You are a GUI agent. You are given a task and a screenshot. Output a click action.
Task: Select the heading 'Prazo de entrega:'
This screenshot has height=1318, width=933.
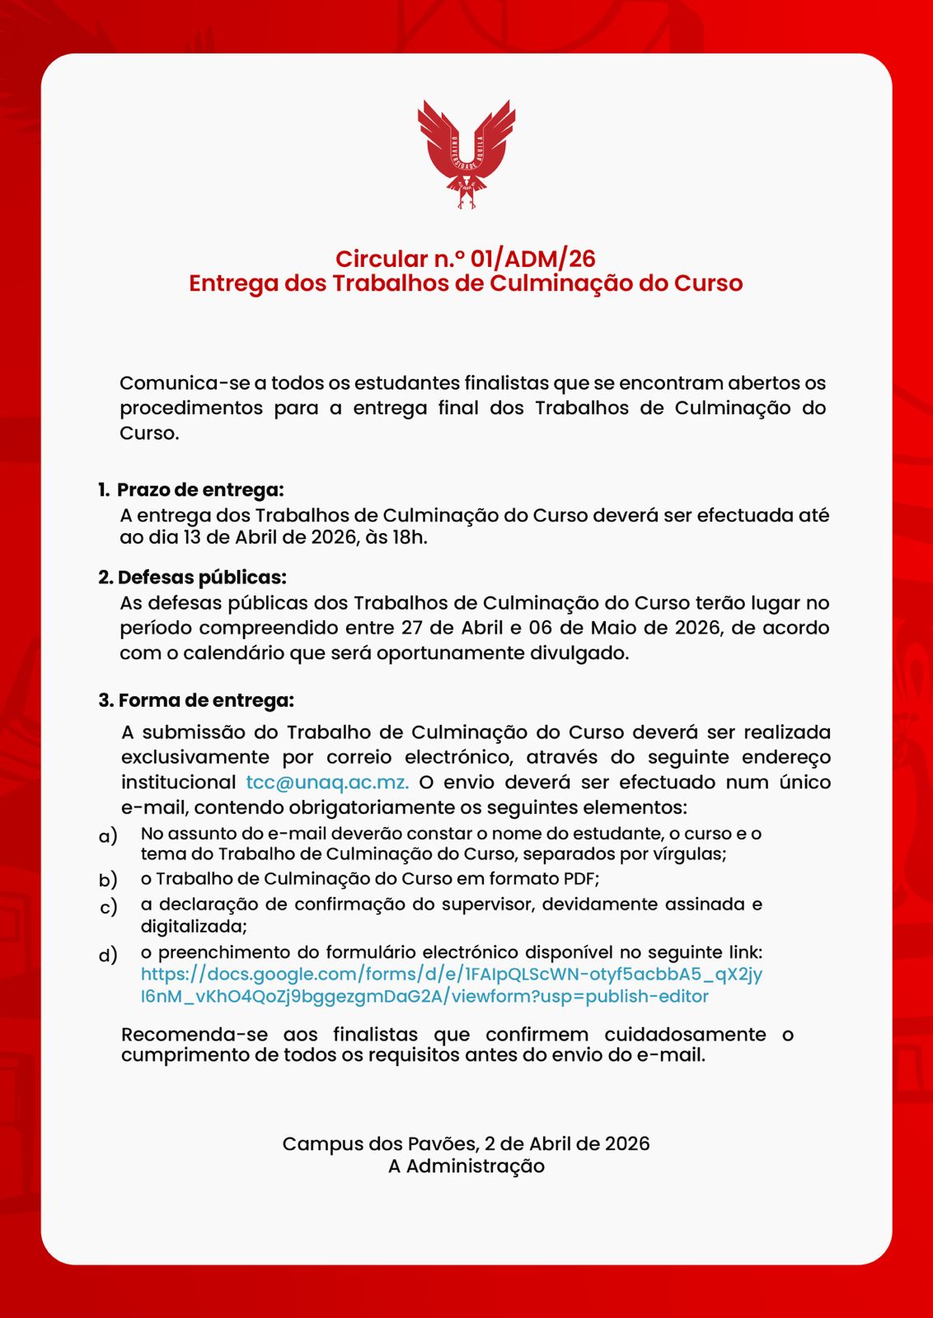coord(199,490)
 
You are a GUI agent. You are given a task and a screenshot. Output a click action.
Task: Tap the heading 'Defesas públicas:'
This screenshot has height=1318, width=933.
coord(202,577)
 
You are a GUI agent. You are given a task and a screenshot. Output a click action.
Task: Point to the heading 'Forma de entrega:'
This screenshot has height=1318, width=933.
coord(205,701)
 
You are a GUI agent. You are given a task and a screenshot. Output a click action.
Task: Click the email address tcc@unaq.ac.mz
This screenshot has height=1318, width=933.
coord(327,782)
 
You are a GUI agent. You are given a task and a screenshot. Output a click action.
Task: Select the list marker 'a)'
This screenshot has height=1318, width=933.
coord(108,836)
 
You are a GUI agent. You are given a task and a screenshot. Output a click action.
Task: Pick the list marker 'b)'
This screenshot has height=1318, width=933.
coord(108,880)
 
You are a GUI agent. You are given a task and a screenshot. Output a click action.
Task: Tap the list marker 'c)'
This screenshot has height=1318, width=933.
coord(108,908)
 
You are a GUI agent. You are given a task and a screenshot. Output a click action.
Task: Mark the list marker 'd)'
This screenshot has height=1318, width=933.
coord(108,956)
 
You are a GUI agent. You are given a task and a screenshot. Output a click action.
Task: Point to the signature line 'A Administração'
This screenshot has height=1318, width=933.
coord(466,1166)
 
